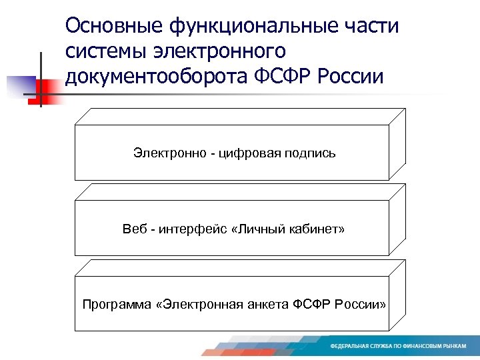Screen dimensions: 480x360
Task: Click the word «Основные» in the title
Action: pos(107,26)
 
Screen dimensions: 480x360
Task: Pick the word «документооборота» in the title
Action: pos(158,76)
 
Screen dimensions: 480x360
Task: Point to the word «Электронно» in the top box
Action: pos(167,153)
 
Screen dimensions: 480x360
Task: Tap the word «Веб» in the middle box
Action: pos(133,229)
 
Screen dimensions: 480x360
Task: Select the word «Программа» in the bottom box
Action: pos(109,305)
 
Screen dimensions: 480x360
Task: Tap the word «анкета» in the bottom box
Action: pos(270,305)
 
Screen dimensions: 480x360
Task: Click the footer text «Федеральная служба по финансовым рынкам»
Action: pos(398,347)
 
